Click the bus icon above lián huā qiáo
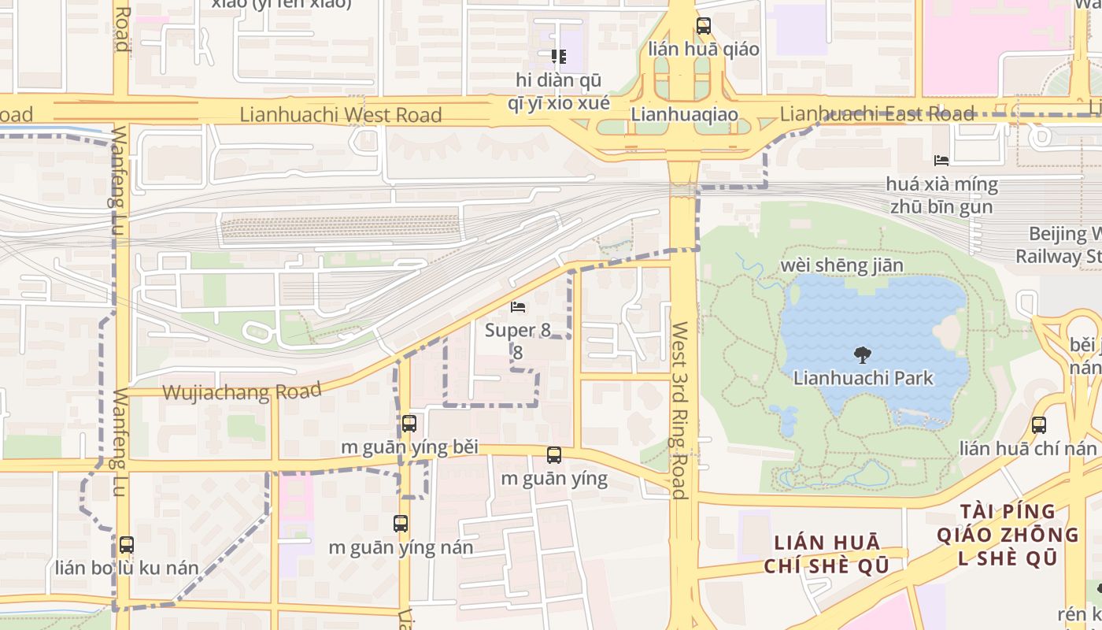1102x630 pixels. pyautogui.click(x=704, y=26)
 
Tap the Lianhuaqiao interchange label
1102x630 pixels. pyautogui.click(x=684, y=115)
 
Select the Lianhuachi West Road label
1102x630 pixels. pyautogui.click(x=341, y=115)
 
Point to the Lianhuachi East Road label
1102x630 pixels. pyautogui.click(x=877, y=113)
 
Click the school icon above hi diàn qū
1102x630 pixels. pyautogui.click(x=559, y=57)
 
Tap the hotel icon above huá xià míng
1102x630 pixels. pyautogui.click(x=941, y=161)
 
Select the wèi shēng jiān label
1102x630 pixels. pyautogui.click(x=841, y=265)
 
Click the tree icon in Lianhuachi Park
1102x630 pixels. pyautogui.click(x=863, y=355)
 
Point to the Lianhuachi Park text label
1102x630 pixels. pyautogui.click(x=863, y=378)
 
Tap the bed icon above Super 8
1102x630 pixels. pyautogui.click(x=518, y=306)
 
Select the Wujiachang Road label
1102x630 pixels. pyautogui.click(x=242, y=391)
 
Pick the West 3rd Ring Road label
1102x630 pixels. pyautogui.click(x=680, y=409)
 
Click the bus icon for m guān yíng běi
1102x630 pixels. pyautogui.click(x=409, y=424)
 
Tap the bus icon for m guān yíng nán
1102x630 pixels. pyautogui.click(x=401, y=524)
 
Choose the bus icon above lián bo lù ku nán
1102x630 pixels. pyautogui.click(x=126, y=544)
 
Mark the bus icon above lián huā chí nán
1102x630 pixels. pyautogui.click(x=1039, y=425)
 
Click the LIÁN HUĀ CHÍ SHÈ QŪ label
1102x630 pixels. pyautogui.click(x=826, y=554)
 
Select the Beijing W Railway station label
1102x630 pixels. pyautogui.click(x=1059, y=245)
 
